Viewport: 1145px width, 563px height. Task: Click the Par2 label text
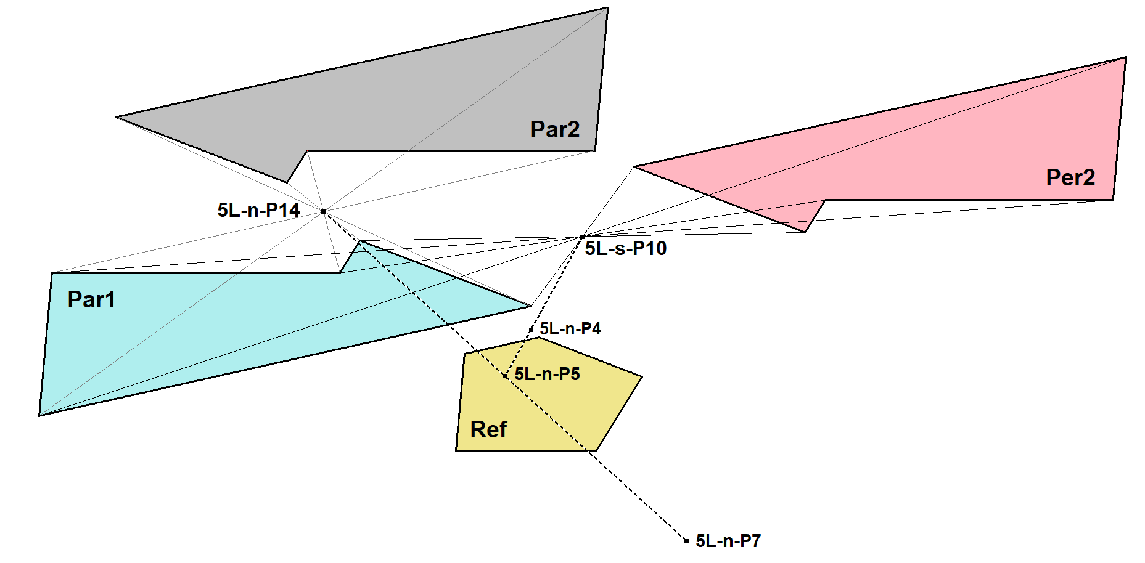(x=555, y=129)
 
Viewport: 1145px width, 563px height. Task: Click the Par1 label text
(x=91, y=299)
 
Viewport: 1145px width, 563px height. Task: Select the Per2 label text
(x=1070, y=177)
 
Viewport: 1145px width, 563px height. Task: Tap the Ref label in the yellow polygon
(x=488, y=429)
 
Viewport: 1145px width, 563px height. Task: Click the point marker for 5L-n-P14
(x=323, y=211)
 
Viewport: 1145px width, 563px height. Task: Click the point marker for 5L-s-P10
(x=582, y=237)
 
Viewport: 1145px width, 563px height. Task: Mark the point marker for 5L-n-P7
(x=686, y=541)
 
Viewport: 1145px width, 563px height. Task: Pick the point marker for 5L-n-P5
(x=506, y=375)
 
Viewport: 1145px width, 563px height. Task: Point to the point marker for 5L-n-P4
(x=531, y=330)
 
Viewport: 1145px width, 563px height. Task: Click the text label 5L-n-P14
(x=258, y=210)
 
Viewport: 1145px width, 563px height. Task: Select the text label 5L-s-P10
(x=625, y=248)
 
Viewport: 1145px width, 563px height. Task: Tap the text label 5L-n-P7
(x=728, y=541)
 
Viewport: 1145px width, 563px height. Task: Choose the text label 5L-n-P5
(x=547, y=374)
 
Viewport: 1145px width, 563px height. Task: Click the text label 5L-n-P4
(x=570, y=329)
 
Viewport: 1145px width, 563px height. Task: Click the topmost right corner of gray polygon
(x=607, y=8)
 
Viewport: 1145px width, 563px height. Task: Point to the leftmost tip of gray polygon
(x=117, y=116)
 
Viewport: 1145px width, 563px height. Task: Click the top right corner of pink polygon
(x=1126, y=57)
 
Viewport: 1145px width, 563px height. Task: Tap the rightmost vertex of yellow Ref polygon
(x=642, y=376)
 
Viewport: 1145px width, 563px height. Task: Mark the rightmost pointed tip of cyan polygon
(x=531, y=306)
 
